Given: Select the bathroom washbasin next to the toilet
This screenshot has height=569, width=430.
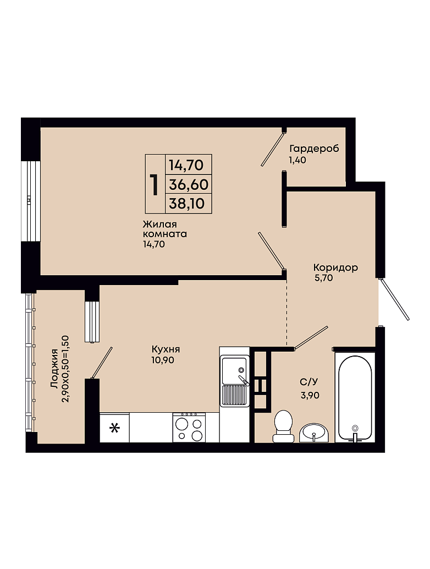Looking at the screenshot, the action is (x=314, y=433).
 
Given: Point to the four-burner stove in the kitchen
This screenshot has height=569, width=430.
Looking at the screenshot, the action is (x=189, y=428).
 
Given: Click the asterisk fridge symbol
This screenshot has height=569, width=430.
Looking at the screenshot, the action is (x=114, y=428).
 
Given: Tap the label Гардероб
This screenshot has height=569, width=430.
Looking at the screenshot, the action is (x=314, y=149).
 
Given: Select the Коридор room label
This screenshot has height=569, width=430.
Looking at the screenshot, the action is (x=335, y=267).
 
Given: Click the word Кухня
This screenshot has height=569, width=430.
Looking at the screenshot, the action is (x=166, y=349).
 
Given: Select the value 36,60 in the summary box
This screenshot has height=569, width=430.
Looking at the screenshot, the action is (x=189, y=185).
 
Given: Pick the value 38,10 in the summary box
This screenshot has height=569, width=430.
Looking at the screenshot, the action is (x=187, y=204).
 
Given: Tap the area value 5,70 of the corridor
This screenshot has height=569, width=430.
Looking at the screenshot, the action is (x=324, y=278).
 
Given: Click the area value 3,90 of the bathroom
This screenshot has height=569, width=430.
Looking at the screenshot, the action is (x=310, y=395).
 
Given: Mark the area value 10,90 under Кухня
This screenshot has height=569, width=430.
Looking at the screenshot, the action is (x=163, y=360).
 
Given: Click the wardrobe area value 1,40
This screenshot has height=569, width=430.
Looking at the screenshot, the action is (x=297, y=160).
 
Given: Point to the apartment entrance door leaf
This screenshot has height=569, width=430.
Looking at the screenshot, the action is (x=395, y=299).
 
